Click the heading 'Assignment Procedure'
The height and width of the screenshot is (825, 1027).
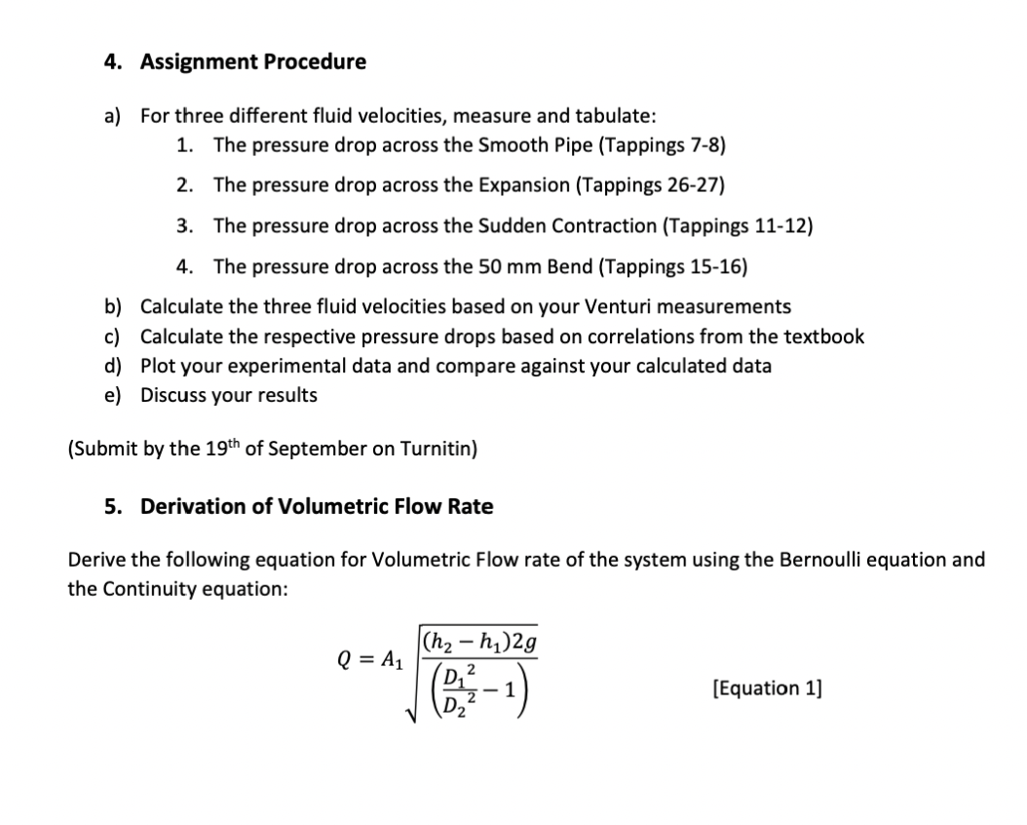pyautogui.click(x=253, y=62)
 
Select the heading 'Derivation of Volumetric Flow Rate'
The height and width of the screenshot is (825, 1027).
pyautogui.click(x=317, y=507)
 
